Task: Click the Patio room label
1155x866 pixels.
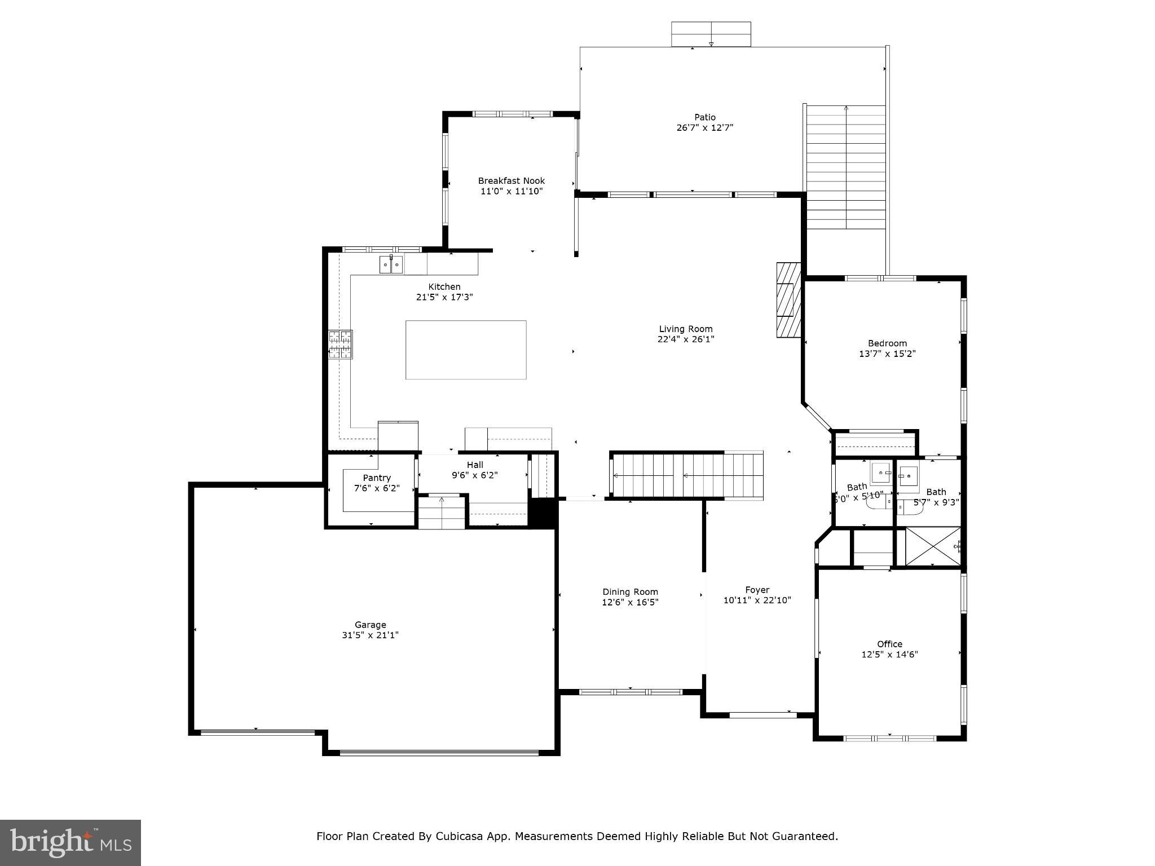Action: (704, 117)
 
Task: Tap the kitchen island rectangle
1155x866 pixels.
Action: (466, 350)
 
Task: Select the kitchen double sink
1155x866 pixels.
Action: (391, 264)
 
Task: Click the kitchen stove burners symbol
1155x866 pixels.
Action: (341, 344)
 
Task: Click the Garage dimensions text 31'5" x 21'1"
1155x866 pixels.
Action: (370, 635)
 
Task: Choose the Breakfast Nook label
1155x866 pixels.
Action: (511, 181)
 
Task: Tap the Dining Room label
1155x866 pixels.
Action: (630, 591)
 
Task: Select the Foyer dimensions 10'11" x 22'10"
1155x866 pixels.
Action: (757, 600)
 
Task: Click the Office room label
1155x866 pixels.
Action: (889, 644)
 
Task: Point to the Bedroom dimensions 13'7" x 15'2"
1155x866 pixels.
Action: (887, 354)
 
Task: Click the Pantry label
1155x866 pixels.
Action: (376, 478)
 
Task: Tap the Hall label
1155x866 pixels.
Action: (475, 465)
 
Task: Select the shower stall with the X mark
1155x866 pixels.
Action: (932, 546)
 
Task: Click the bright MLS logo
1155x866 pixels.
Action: (70, 842)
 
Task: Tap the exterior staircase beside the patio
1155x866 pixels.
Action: (845, 167)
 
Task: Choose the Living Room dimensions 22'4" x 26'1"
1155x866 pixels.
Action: (686, 339)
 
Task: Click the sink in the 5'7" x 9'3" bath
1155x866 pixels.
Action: (908, 477)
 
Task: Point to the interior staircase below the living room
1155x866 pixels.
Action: (687, 475)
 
